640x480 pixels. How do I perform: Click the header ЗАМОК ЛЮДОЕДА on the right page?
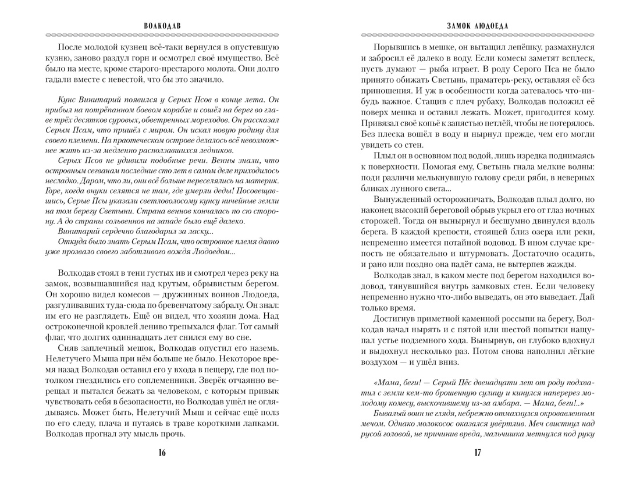click(478, 26)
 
